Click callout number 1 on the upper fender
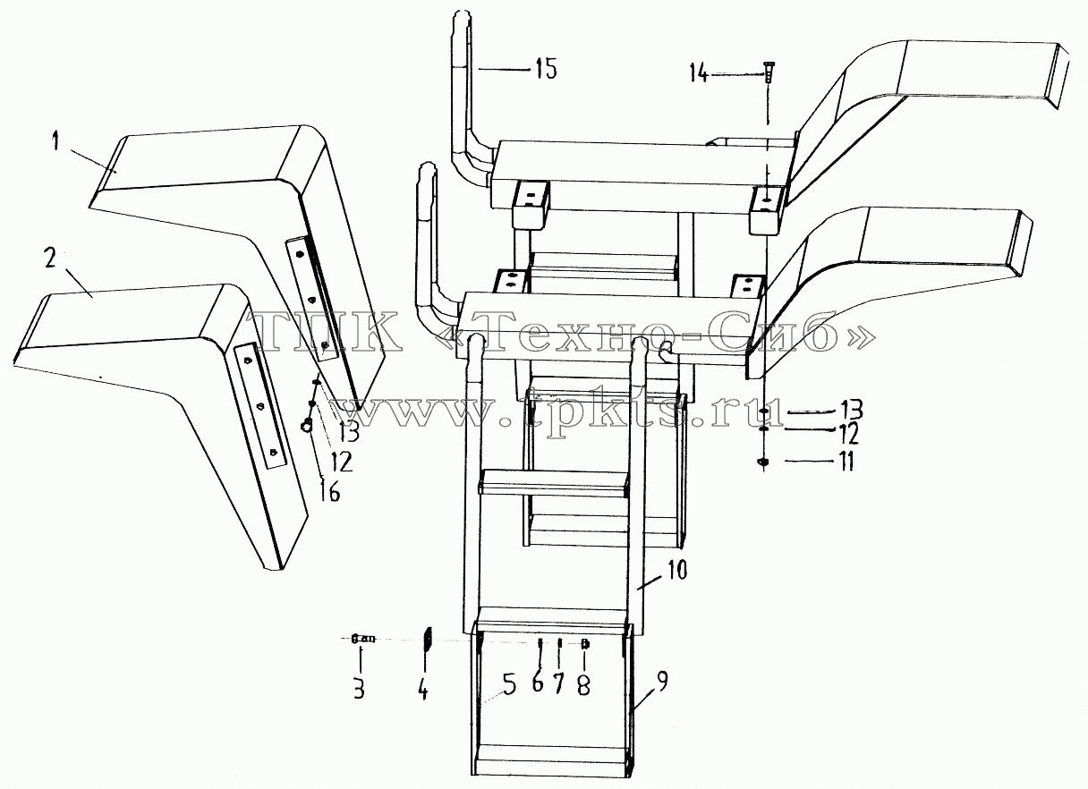(x=56, y=142)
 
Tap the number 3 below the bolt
(x=359, y=689)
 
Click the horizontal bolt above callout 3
(x=363, y=639)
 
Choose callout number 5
(x=508, y=683)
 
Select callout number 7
(x=558, y=683)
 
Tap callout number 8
(x=583, y=685)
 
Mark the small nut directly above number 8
(x=585, y=644)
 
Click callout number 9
(x=662, y=682)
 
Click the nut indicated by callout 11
(x=763, y=462)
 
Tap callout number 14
(x=701, y=74)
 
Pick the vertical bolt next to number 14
(x=768, y=72)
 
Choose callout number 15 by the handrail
(x=547, y=69)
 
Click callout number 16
(x=330, y=492)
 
